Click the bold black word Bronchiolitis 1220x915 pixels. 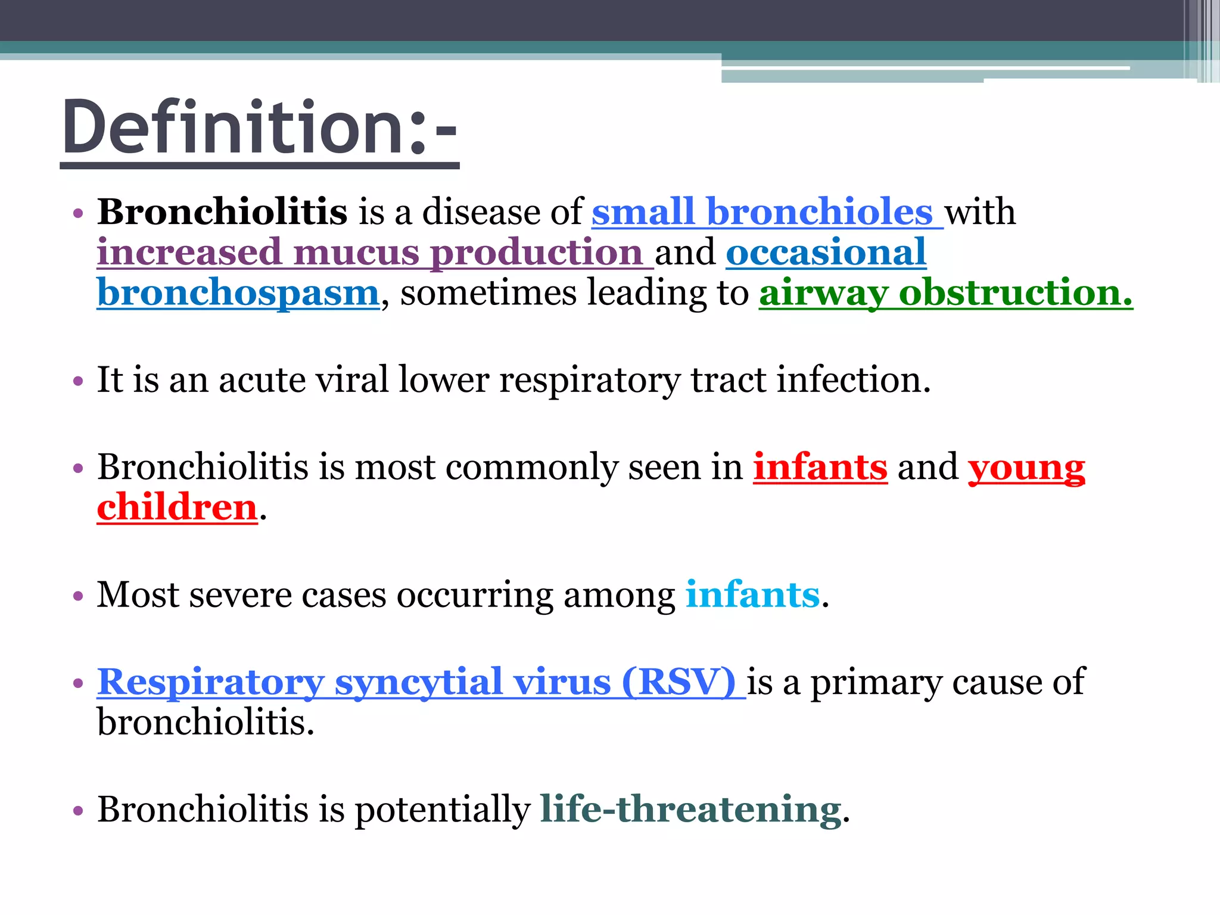(222, 212)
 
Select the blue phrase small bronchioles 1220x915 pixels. (762, 212)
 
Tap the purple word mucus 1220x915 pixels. (356, 253)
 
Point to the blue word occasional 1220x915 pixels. (826, 253)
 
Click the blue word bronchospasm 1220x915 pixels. (238, 293)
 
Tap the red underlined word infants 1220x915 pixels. (820, 467)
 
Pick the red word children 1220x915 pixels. (177, 508)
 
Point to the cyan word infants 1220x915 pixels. (752, 595)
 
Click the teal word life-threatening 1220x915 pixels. (690, 810)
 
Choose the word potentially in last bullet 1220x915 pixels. (443, 810)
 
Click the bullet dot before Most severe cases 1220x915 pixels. (78, 596)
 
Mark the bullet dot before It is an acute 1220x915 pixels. (78, 381)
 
